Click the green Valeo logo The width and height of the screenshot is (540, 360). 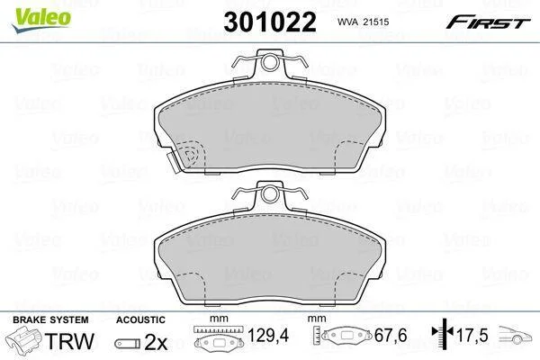41,19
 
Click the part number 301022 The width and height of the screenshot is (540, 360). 270,22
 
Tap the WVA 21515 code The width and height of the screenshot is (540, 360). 363,22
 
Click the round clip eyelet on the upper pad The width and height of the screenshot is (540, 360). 270,62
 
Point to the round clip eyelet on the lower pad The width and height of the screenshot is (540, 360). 270,194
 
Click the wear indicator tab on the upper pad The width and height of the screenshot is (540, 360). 173,162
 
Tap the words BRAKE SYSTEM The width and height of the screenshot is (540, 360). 50,319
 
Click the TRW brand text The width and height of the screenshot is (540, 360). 70,341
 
